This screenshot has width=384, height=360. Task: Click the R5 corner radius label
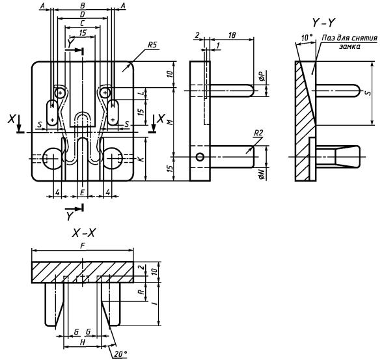pos(152,45)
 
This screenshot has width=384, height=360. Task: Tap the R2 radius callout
pos(258,133)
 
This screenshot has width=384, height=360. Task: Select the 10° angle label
pos(307,38)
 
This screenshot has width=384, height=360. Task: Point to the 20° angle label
pos(121,353)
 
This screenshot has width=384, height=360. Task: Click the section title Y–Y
pos(323,23)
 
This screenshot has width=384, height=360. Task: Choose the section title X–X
pos(83,233)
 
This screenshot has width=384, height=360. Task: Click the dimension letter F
pos(83,246)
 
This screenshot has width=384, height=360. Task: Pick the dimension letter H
pos(83,342)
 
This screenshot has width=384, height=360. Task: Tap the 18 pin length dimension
pos(232,35)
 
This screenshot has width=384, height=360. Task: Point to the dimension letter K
pos(141,159)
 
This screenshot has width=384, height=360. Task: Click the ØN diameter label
pos(262,175)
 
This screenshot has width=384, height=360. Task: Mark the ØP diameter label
pos(262,76)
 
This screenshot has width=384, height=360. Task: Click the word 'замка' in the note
pos(350,46)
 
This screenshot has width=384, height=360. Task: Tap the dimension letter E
pos(82,192)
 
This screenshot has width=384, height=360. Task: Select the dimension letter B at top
pos(83,6)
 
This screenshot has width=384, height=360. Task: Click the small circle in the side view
pos(200,157)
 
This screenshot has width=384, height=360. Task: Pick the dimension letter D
pos(82,15)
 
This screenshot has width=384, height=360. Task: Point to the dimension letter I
pos(154,303)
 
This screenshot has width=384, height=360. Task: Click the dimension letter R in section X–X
pos(141,292)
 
